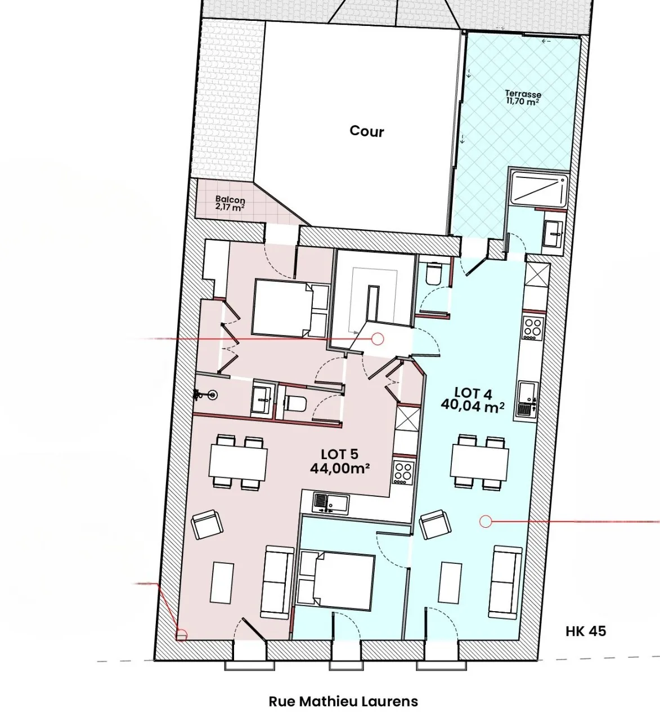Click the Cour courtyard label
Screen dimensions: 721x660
tap(367, 131)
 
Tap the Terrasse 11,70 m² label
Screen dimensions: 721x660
tap(523, 97)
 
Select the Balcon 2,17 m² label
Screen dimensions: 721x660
tap(230, 203)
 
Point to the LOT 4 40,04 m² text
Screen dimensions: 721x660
tap(472, 399)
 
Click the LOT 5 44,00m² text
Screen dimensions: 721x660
tap(339, 461)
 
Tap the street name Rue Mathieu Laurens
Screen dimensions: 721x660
tap(343, 701)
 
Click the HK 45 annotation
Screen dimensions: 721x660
tap(586, 631)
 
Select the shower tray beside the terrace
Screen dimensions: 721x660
tap(539, 189)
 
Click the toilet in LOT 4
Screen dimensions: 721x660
tap(434, 274)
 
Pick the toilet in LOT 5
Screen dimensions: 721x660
tap(294, 403)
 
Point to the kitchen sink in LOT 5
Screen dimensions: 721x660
tap(325, 502)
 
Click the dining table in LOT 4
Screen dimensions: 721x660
tap(479, 462)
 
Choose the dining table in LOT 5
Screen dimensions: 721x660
tap(238, 462)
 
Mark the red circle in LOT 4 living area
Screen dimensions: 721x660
tap(485, 522)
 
